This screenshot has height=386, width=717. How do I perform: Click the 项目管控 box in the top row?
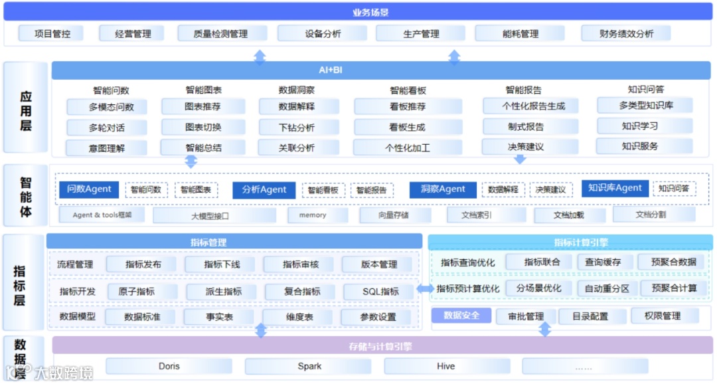click(52, 33)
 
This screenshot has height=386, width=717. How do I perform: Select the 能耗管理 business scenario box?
click(520, 33)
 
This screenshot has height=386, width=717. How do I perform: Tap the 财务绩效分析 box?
click(625, 33)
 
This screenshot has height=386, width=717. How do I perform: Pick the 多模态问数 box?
click(106, 107)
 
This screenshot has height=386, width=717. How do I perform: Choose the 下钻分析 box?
click(296, 128)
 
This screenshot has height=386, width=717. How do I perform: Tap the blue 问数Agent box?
click(89, 189)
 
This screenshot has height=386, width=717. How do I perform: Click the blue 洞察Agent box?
click(442, 189)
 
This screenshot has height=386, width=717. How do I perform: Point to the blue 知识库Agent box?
click(615, 188)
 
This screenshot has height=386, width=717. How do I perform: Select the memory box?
click(312, 215)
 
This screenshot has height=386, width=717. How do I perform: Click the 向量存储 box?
click(394, 215)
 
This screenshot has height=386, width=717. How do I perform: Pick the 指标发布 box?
click(143, 264)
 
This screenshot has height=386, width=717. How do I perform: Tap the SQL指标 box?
click(380, 292)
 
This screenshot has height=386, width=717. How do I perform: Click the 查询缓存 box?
click(603, 262)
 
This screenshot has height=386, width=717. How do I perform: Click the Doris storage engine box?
click(169, 366)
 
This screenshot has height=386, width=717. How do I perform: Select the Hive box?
click(446, 366)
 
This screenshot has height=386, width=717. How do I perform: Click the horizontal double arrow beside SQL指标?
click(425, 289)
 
